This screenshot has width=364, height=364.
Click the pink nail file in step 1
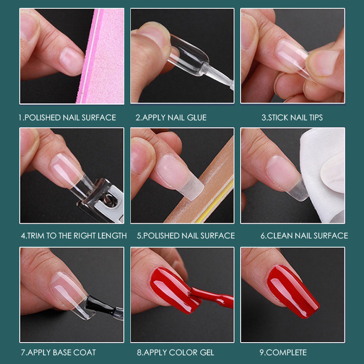tap(102, 59)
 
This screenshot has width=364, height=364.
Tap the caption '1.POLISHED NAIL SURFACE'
tap(67, 117)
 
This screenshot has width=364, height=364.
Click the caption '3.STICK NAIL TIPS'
tap(292, 117)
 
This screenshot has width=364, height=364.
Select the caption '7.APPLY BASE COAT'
tap(58, 353)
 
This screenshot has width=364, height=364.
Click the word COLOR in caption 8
tap(182, 353)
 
